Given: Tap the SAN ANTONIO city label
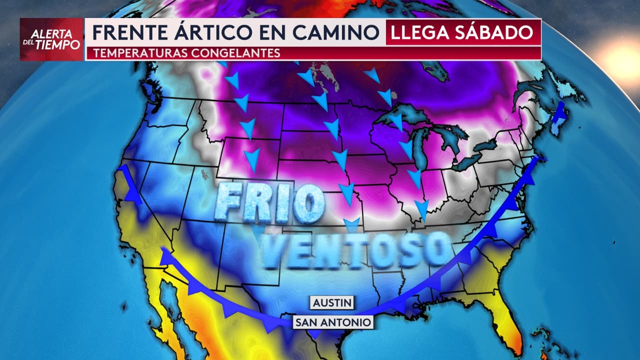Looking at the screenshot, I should pos(333,322).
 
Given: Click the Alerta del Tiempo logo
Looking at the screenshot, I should pos(51,39).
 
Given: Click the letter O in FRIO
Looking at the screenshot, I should pos(308,203).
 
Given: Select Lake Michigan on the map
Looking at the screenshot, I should pos(419,150).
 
